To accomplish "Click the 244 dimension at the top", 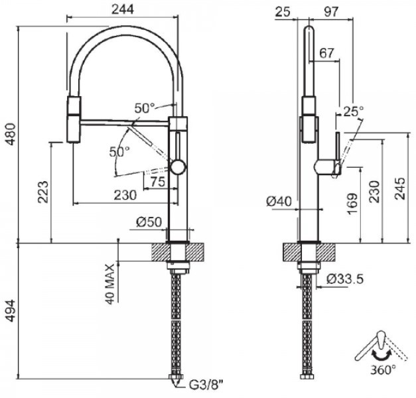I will tap(123, 9).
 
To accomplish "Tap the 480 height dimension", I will tap(8, 137).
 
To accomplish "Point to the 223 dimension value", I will tap(41, 193).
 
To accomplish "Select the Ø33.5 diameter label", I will tap(346, 279).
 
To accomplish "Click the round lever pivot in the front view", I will tap(178, 166).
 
